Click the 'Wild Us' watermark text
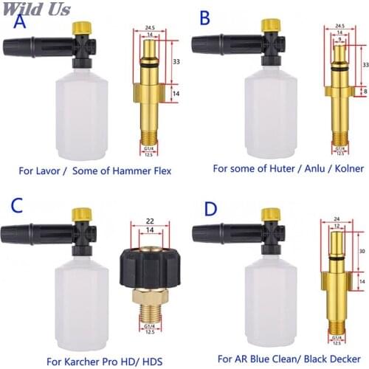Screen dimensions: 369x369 [36, 10]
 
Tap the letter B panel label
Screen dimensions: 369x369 [204, 16]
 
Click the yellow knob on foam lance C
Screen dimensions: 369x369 [83, 215]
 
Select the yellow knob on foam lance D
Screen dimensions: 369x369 [268, 214]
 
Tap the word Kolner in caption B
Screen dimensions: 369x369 [346, 168]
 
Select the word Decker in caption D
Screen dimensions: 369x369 [345, 345]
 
